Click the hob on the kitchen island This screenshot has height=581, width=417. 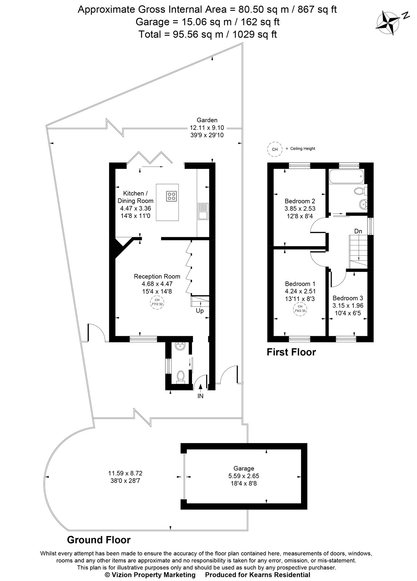[x=172, y=196]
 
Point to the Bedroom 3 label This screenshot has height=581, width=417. [x=348, y=297]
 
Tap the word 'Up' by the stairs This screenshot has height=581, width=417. [x=200, y=311]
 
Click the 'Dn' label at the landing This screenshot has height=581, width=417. [x=358, y=231]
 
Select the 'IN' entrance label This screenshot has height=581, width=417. [x=200, y=396]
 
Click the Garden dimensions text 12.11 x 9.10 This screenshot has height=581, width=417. [x=207, y=128]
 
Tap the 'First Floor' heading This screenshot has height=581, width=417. [x=291, y=352]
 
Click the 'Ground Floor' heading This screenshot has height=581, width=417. [x=99, y=540]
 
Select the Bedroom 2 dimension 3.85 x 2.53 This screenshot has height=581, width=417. [x=300, y=208]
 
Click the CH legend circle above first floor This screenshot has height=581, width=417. [x=275, y=149]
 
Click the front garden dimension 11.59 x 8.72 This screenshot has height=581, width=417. [x=125, y=473]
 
